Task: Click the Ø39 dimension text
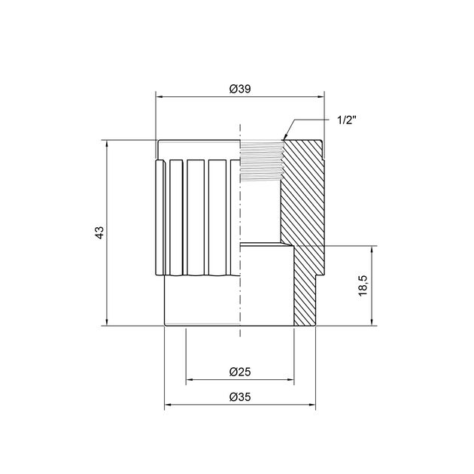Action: pyautogui.click(x=239, y=89)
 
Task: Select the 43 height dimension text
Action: pyautogui.click(x=99, y=232)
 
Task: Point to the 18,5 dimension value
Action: pyautogui.click(x=363, y=286)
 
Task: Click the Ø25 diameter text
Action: pyautogui.click(x=239, y=372)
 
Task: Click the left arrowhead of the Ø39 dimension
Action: pyautogui.click(x=160, y=96)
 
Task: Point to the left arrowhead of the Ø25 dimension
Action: pyautogui.click(x=190, y=380)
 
